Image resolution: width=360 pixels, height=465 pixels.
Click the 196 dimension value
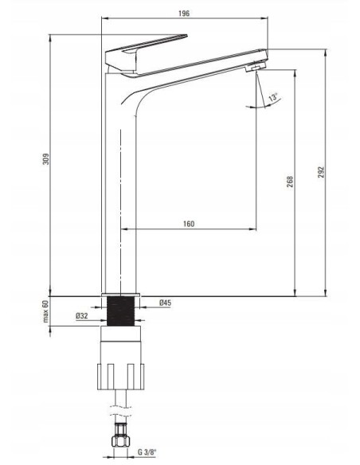point(184,14)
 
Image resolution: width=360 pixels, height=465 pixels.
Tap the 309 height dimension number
point(46,159)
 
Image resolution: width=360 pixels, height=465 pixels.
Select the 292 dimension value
point(321,172)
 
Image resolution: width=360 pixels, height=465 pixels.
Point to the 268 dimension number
point(290,182)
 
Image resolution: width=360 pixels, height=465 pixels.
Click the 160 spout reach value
point(189,224)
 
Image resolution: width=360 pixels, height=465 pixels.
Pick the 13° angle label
point(273,97)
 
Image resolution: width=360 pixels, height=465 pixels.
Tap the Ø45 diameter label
point(165,303)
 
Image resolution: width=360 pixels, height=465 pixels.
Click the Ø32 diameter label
point(82,316)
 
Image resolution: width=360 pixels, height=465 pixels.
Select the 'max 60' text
point(45,311)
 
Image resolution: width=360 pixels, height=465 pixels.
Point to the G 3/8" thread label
point(147,452)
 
